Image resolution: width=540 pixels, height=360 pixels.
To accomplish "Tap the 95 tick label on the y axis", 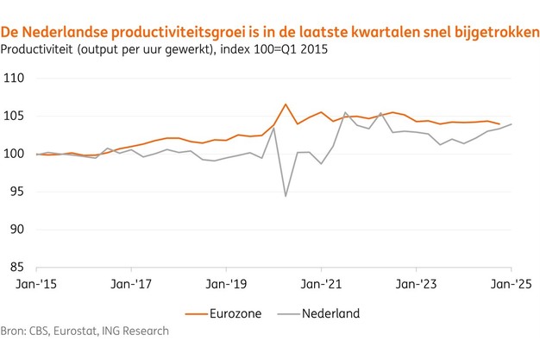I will coord(16,193).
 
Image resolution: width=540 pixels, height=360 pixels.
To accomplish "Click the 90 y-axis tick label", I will coord(16,231).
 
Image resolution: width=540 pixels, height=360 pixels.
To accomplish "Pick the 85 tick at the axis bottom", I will coord(16,268).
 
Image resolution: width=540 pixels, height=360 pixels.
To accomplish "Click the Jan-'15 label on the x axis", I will coord(36,283).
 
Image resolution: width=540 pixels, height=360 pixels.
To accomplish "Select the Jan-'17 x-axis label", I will coord(132,283).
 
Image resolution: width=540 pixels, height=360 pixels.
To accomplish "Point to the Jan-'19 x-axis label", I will coord(227,283).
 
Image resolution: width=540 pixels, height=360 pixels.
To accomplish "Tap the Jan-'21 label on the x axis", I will coord(322,283).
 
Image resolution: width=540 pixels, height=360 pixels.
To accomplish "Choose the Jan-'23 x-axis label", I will coord(418,283).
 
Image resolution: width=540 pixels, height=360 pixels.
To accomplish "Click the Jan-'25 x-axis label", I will coord(512,283).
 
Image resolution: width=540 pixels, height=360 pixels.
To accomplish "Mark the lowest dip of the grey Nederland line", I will coord(286,196).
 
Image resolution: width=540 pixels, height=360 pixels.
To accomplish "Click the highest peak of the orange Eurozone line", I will coord(286,104).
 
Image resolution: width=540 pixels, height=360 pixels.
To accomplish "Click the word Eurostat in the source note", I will coord(81,331).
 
